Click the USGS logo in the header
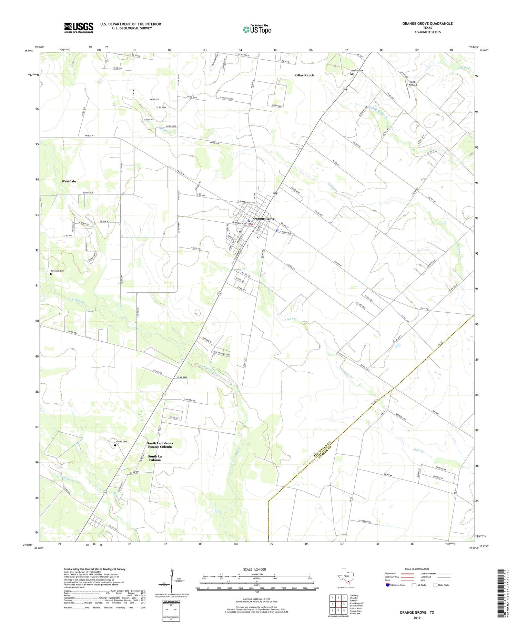click(79, 28)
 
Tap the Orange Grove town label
click(264, 219)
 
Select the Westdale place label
click(69, 181)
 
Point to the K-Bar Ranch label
click(304, 75)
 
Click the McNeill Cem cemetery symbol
click(352, 74)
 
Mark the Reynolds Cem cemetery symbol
click(51, 274)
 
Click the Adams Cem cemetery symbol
click(115, 445)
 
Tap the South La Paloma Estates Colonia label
click(160, 445)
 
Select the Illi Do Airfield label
click(413, 83)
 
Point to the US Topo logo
click(257, 30)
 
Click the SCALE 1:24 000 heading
click(256, 569)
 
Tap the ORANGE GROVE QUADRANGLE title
click(427, 23)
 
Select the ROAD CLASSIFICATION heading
click(417, 569)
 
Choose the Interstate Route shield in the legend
click(388, 585)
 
